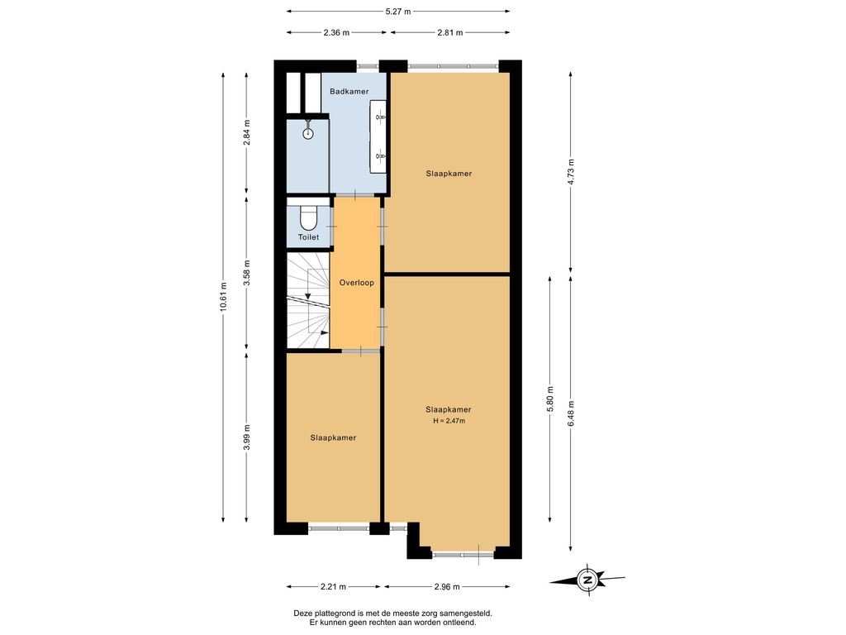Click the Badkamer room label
pyautogui.click(x=349, y=91)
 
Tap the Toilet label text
pyautogui.click(x=309, y=237)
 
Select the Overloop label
pyautogui.click(x=356, y=283)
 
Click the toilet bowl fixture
pyautogui.click(x=308, y=217)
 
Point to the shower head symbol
pyautogui.click(x=308, y=133)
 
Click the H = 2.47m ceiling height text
pyautogui.click(x=449, y=421)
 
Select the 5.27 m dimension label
pyautogui.click(x=398, y=11)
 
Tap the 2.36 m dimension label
pyautogui.click(x=336, y=32)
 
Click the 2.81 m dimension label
pyautogui.click(x=450, y=32)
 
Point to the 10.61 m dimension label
pyautogui.click(x=223, y=298)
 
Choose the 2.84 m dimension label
pyautogui.click(x=246, y=132)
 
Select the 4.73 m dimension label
pyautogui.click(x=571, y=172)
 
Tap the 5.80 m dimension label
pyautogui.click(x=549, y=399)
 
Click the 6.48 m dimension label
pyautogui.click(x=571, y=413)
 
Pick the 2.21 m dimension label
pyautogui.click(x=334, y=586)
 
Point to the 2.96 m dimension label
pyautogui.click(x=447, y=586)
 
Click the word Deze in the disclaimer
pyautogui.click(x=302, y=614)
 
